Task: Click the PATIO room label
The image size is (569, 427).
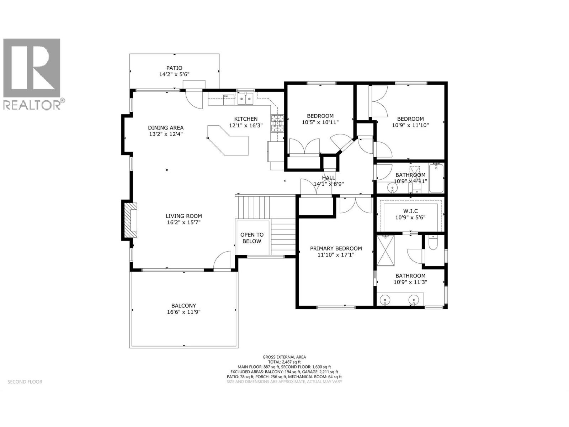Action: click(x=174, y=68)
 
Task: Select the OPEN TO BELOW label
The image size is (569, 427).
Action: click(x=252, y=238)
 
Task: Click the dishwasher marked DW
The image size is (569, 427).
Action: click(x=229, y=100)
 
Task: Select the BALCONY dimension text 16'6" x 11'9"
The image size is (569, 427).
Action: click(x=184, y=312)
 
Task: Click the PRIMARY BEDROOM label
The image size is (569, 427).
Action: click(x=336, y=248)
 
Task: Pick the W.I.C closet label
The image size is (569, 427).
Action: click(x=410, y=211)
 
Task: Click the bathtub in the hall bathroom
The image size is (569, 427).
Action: click(x=436, y=178)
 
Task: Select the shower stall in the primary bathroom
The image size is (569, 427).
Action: click(x=385, y=251)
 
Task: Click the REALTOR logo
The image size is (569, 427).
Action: click(x=32, y=74)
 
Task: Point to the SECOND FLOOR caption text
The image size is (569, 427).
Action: click(x=25, y=381)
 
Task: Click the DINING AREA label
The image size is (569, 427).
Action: click(x=166, y=127)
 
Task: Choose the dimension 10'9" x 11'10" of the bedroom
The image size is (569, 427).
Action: click(x=410, y=125)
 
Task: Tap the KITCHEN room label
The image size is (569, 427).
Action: click(x=246, y=119)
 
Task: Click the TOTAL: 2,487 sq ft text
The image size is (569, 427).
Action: click(x=284, y=362)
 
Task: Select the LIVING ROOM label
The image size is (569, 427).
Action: click(x=184, y=216)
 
